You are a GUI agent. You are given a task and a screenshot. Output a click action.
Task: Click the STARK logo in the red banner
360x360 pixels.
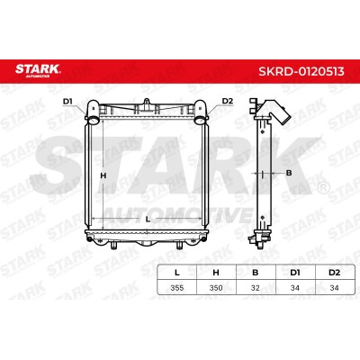(38, 69)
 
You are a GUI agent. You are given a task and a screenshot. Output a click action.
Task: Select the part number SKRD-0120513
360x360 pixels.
(301, 72)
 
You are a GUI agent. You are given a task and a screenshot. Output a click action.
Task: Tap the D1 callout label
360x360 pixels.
(67, 102)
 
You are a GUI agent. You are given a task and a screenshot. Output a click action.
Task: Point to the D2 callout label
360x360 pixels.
(228, 101)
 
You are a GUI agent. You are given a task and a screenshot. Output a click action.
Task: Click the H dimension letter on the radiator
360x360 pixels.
(103, 175)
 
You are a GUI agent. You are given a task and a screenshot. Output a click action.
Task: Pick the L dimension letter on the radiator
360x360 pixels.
(148, 220)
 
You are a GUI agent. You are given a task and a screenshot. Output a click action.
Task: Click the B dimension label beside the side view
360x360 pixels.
(289, 173)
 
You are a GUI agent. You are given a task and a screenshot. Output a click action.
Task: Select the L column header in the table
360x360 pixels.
(177, 273)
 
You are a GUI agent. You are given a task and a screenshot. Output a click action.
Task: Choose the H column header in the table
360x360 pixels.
(216, 273)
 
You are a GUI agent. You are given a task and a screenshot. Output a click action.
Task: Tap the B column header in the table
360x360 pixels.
(256, 273)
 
